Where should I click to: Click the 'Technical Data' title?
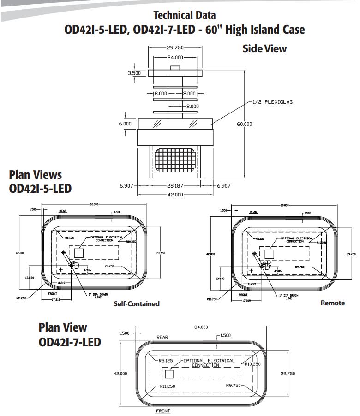pyautogui.click(x=184, y=15)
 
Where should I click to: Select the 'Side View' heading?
pyautogui.click(x=264, y=48)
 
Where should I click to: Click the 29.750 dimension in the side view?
pyautogui.click(x=175, y=48)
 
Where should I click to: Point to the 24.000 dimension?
pyautogui.click(x=175, y=57)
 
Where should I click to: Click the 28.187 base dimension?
pyautogui.click(x=175, y=185)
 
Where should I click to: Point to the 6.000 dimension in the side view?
pyautogui.click(x=125, y=124)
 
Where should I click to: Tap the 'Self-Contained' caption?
pyautogui.click(x=137, y=303)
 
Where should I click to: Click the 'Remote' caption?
pyautogui.click(x=332, y=303)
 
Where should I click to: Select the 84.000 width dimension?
pyautogui.click(x=201, y=327)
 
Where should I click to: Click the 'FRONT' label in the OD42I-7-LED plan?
pyautogui.click(x=163, y=410)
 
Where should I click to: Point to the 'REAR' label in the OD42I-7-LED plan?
pyautogui.click(x=162, y=337)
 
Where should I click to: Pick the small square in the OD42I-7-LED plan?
pyautogui.click(x=169, y=373)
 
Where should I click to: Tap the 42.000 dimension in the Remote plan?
pyautogui.click(x=210, y=254)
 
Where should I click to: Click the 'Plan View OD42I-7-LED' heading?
pyautogui.click(x=69, y=335)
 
